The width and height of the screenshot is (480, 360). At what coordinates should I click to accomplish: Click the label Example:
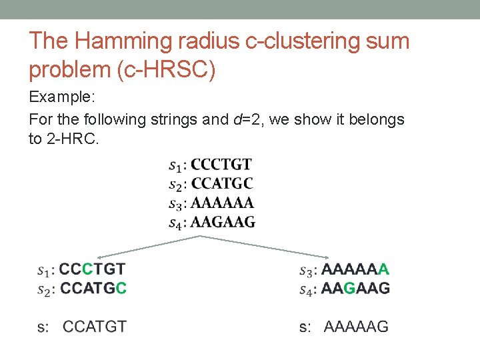[63, 97]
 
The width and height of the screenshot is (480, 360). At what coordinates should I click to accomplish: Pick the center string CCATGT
[95, 327]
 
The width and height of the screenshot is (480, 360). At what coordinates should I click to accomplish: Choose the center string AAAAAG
[356, 327]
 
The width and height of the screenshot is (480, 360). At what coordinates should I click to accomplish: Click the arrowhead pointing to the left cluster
[99, 257]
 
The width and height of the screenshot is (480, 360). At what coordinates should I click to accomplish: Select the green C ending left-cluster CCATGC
[121, 289]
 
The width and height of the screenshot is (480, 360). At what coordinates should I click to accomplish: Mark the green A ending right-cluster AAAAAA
[384, 270]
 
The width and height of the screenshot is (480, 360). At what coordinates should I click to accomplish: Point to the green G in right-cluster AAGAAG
[349, 289]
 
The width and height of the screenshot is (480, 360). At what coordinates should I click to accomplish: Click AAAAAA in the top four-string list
[223, 203]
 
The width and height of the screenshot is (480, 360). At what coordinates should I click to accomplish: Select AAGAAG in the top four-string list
[223, 222]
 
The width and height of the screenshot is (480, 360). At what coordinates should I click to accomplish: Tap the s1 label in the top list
[177, 165]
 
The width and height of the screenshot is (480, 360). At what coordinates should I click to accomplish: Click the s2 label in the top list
[177, 185]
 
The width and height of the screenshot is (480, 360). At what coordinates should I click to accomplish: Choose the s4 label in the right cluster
[307, 290]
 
